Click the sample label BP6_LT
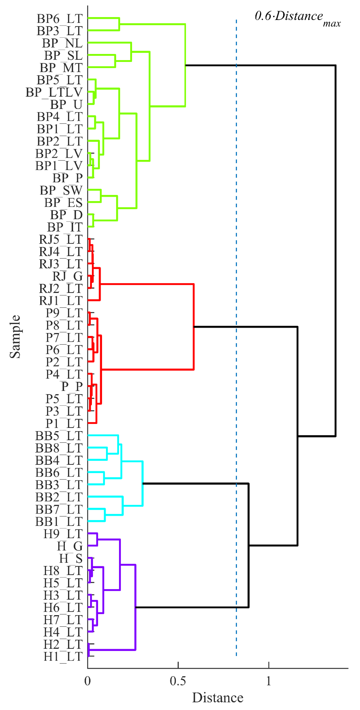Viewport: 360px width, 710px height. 60,19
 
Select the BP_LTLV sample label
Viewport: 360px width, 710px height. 54,92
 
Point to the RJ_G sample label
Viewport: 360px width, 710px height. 68,276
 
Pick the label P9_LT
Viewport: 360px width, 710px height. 64,313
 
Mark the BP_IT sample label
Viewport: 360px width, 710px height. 65,227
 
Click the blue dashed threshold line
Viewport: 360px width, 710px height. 236,386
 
